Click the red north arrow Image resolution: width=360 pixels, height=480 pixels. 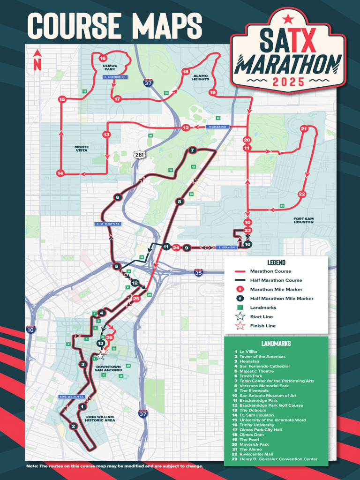tap(37, 61)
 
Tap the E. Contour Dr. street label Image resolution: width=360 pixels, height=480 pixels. tap(115, 76)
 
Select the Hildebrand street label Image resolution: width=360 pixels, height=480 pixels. tap(217, 127)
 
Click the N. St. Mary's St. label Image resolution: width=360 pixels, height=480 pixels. tap(108, 224)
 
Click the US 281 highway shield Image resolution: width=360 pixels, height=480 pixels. tap(139, 155)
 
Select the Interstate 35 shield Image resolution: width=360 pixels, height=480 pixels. tap(199, 272)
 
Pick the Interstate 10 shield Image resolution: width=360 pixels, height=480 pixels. tap(30, 330)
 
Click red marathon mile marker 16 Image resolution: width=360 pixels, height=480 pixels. tap(103, 59)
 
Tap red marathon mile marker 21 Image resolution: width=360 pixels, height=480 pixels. tap(304, 128)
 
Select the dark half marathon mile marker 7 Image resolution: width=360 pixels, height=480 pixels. tap(192, 150)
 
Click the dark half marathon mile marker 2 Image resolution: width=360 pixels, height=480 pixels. tap(73, 426)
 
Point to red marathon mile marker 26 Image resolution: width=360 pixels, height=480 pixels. tap(109, 337)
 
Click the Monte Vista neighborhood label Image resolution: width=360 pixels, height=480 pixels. tap(82, 149)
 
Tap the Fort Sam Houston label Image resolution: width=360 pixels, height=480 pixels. tap(303, 220)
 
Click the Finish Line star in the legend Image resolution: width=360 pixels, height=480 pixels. tap(240, 326)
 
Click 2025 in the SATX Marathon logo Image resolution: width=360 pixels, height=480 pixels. tap(288, 82)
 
